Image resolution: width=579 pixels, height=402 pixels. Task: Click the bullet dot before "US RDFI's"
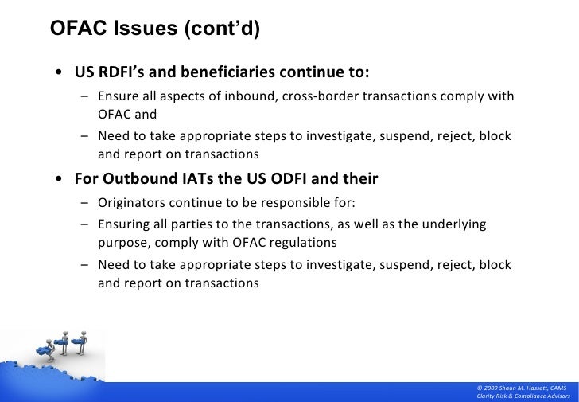60,74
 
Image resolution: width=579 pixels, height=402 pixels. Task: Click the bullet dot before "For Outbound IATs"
60,180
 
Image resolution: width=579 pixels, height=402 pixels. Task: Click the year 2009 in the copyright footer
492,387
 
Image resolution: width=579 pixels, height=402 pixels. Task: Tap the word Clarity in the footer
487,396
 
